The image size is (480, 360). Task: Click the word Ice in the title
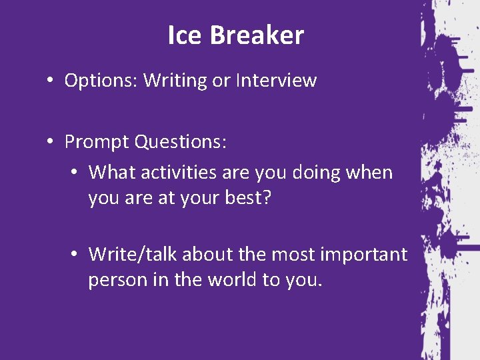click(182, 35)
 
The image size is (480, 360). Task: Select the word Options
click(101, 81)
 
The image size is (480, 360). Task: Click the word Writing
click(175, 81)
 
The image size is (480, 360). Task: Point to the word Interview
click(276, 81)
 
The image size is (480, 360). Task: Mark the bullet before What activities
click(75, 173)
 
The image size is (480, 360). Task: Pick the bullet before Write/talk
click(75, 255)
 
